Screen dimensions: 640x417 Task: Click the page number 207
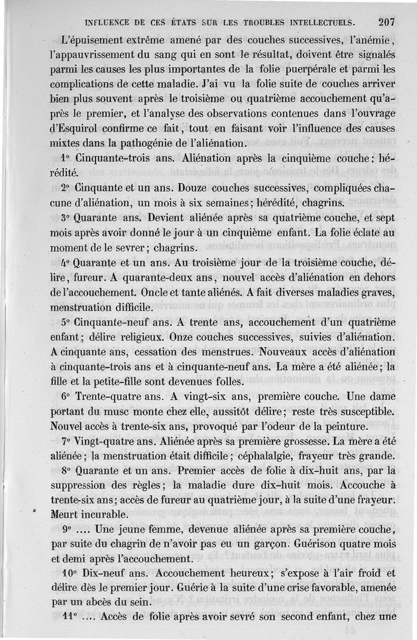point(387,22)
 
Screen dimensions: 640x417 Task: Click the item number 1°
point(66,157)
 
